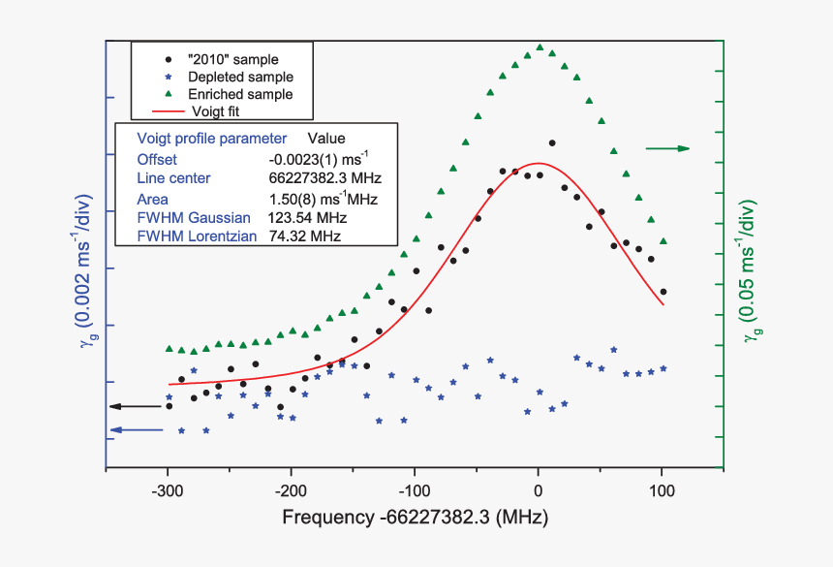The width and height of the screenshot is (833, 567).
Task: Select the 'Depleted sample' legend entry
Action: (x=240, y=77)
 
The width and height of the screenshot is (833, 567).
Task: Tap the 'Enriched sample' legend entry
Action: (x=240, y=94)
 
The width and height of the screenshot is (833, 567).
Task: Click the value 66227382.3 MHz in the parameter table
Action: (x=324, y=178)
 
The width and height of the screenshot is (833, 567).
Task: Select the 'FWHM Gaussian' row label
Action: (x=194, y=216)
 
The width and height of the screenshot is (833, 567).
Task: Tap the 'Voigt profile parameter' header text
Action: (x=212, y=139)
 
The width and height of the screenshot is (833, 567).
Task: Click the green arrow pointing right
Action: (x=667, y=148)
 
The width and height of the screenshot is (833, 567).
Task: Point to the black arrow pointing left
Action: (x=135, y=406)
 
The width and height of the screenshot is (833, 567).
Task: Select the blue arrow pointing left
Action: (x=135, y=429)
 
